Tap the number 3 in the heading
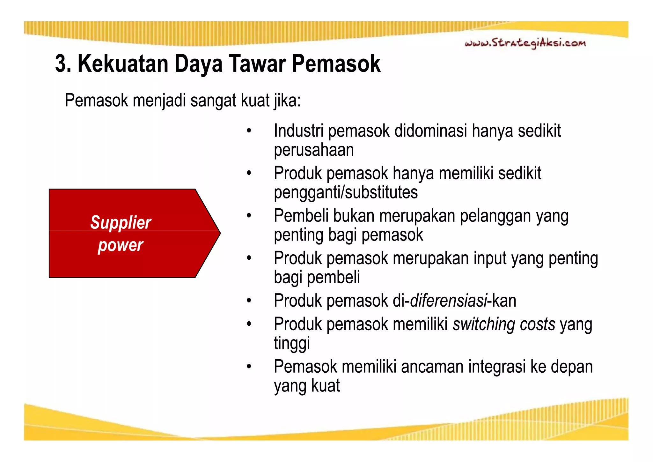61,64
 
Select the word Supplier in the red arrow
121,222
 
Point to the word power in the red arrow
121,245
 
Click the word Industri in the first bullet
298,131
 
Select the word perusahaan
314,150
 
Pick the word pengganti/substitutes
346,192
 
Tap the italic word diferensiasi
448,301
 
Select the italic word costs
538,324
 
